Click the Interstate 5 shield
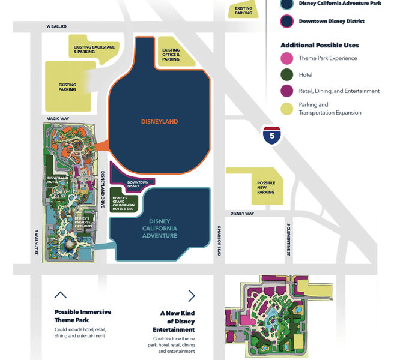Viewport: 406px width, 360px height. pos(272,136)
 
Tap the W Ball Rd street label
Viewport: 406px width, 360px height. pos(57,26)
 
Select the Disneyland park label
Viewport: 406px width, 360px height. pos(160,122)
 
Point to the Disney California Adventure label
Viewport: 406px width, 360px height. pos(160,228)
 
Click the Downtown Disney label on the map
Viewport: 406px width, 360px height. pos(138,184)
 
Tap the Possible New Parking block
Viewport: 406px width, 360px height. pos(265,187)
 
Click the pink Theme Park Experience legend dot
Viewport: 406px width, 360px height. pos(288,58)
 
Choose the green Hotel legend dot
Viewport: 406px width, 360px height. pos(288,75)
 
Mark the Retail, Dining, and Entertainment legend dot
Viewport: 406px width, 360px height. pos(288,91)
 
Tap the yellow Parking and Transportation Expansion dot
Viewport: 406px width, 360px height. pos(288,109)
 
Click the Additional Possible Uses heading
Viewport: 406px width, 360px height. pos(320,45)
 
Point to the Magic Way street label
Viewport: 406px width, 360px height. pos(58,119)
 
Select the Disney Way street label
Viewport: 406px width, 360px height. pos(242,213)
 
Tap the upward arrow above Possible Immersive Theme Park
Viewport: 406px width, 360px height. pos(60,295)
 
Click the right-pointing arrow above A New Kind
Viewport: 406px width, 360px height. pos(192,295)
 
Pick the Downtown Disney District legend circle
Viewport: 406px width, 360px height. pos(288,22)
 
